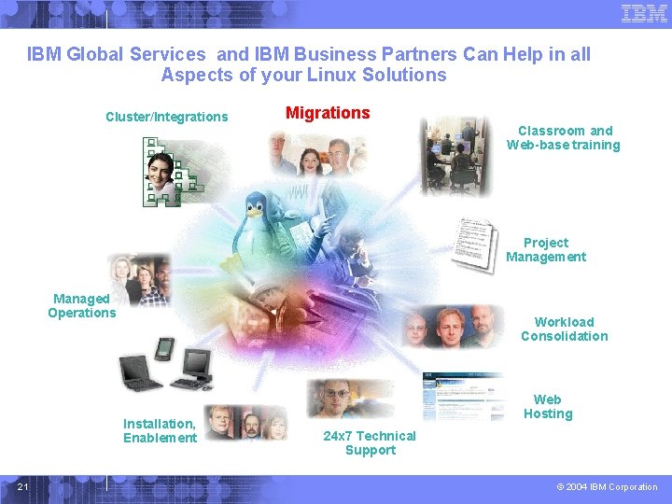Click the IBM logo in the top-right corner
point(644,14)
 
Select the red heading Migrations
point(328,113)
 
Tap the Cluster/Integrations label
point(166,117)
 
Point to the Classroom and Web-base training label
point(564,137)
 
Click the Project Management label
point(546,249)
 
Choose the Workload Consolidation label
point(564,329)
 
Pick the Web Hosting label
point(548,407)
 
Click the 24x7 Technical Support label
point(370,442)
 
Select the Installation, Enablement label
point(160,430)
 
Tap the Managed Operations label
point(82,305)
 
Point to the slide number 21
point(22,486)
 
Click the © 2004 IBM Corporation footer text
point(607,487)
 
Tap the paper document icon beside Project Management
point(472,245)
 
